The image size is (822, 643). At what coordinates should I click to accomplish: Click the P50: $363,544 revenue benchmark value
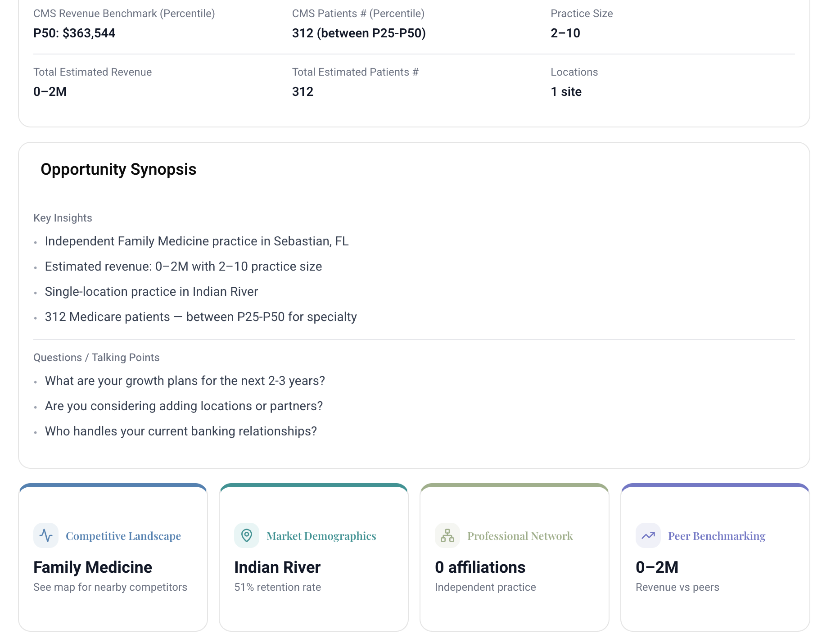(x=74, y=33)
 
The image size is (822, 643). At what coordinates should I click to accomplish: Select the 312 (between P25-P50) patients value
(x=359, y=33)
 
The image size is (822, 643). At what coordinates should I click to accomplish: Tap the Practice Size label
(x=582, y=14)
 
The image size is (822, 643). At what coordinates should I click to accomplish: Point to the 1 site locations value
(x=566, y=92)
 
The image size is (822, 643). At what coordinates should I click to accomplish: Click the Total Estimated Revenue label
(x=92, y=72)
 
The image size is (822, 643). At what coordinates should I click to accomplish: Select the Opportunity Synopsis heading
(x=118, y=169)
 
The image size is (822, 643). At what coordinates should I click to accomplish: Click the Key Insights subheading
(x=63, y=218)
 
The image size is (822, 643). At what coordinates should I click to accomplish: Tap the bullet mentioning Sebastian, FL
(x=197, y=241)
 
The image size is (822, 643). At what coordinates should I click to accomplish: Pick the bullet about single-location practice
(x=151, y=292)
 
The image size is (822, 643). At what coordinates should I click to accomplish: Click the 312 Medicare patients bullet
(x=201, y=317)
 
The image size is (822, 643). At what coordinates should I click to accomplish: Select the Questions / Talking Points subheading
(x=96, y=358)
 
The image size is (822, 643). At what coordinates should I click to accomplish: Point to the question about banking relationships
(x=181, y=431)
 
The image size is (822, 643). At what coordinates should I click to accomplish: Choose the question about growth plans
(x=185, y=381)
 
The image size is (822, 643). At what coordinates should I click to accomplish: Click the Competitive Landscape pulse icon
(x=46, y=535)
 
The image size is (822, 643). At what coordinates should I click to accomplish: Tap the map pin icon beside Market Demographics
(x=247, y=535)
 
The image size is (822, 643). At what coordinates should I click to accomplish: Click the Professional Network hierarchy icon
(x=447, y=535)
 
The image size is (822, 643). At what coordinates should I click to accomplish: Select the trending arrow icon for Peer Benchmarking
(x=648, y=535)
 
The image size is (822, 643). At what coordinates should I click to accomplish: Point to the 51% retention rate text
(x=278, y=587)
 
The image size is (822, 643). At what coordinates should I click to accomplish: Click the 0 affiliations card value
(x=480, y=567)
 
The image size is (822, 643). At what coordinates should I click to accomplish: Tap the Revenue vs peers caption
(x=677, y=587)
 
